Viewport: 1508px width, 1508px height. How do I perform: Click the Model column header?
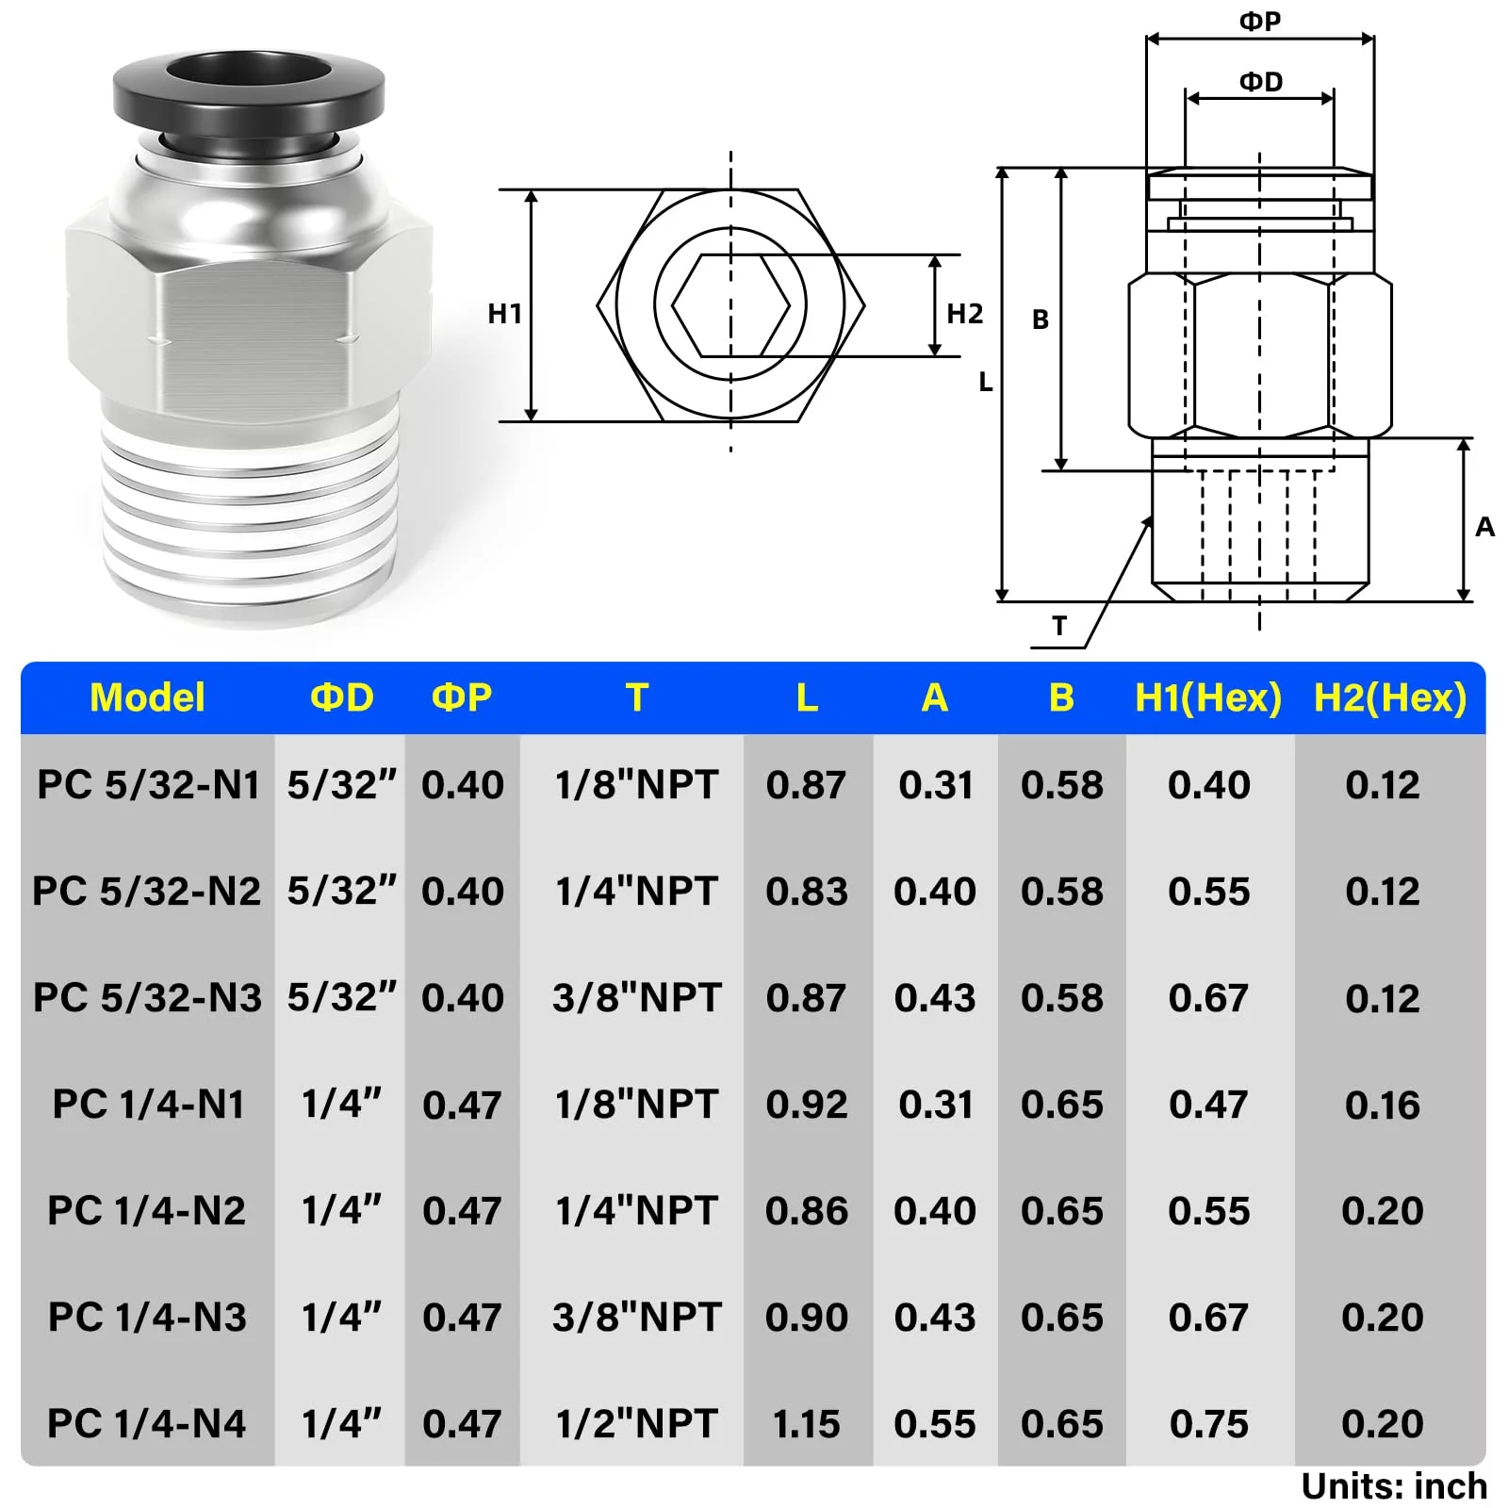(147, 698)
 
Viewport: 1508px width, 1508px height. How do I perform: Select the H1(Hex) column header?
(1208, 698)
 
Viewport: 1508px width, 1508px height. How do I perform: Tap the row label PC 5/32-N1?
(148, 785)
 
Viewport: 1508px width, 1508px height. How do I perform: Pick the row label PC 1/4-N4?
(147, 1424)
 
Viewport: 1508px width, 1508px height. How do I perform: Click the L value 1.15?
(806, 1424)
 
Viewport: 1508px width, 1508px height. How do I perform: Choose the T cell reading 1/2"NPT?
(637, 1424)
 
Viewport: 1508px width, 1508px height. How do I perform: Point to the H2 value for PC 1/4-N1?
(1382, 1105)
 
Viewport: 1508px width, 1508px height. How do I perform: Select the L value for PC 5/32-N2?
(807, 892)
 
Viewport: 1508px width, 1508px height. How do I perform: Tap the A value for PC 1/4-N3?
(935, 1318)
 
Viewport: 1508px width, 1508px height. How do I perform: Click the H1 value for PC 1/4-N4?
(1208, 1424)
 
